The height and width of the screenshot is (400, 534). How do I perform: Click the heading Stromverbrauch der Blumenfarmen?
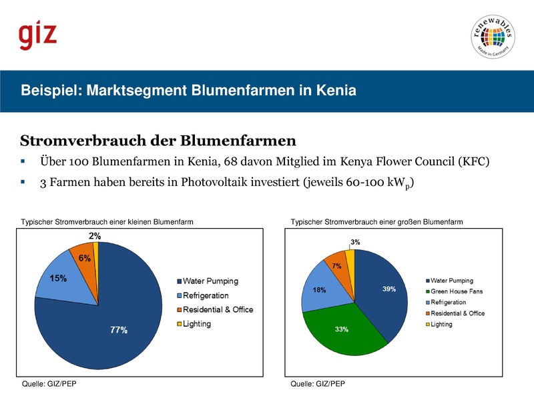point(158,141)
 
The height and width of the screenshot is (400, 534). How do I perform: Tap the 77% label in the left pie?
point(119,330)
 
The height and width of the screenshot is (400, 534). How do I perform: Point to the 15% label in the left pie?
point(58,279)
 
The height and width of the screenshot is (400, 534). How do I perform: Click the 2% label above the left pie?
point(95,236)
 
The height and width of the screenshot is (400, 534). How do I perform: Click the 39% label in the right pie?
point(389,289)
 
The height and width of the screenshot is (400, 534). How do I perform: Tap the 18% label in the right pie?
point(319,290)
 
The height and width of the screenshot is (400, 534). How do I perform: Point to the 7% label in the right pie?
point(337,266)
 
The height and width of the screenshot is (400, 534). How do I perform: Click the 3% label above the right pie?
point(356,243)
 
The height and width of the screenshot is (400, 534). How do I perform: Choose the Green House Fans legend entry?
point(456,291)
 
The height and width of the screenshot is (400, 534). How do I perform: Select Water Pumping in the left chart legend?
point(210,281)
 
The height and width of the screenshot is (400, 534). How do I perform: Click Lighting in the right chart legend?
point(441,325)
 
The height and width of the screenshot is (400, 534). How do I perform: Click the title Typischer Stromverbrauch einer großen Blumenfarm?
point(376,221)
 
